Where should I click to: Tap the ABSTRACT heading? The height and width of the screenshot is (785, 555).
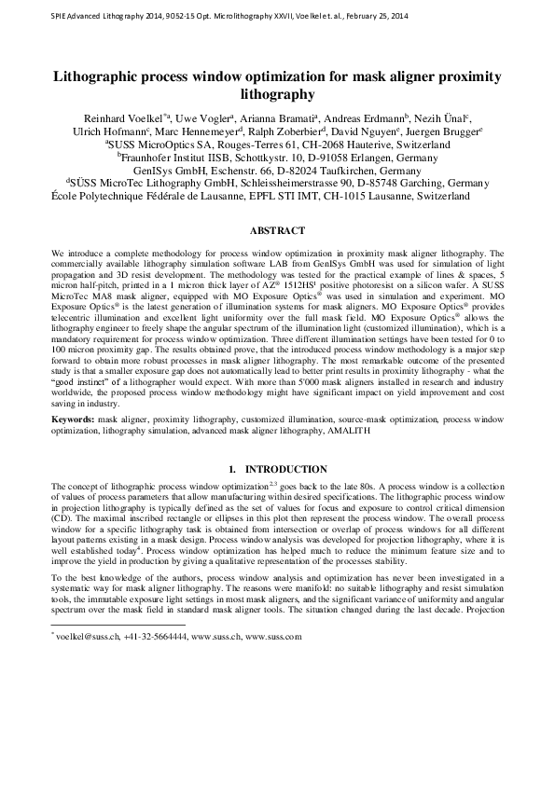pyautogui.click(x=277, y=229)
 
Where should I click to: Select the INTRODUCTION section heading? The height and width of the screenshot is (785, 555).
pyautogui.click(x=285, y=468)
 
